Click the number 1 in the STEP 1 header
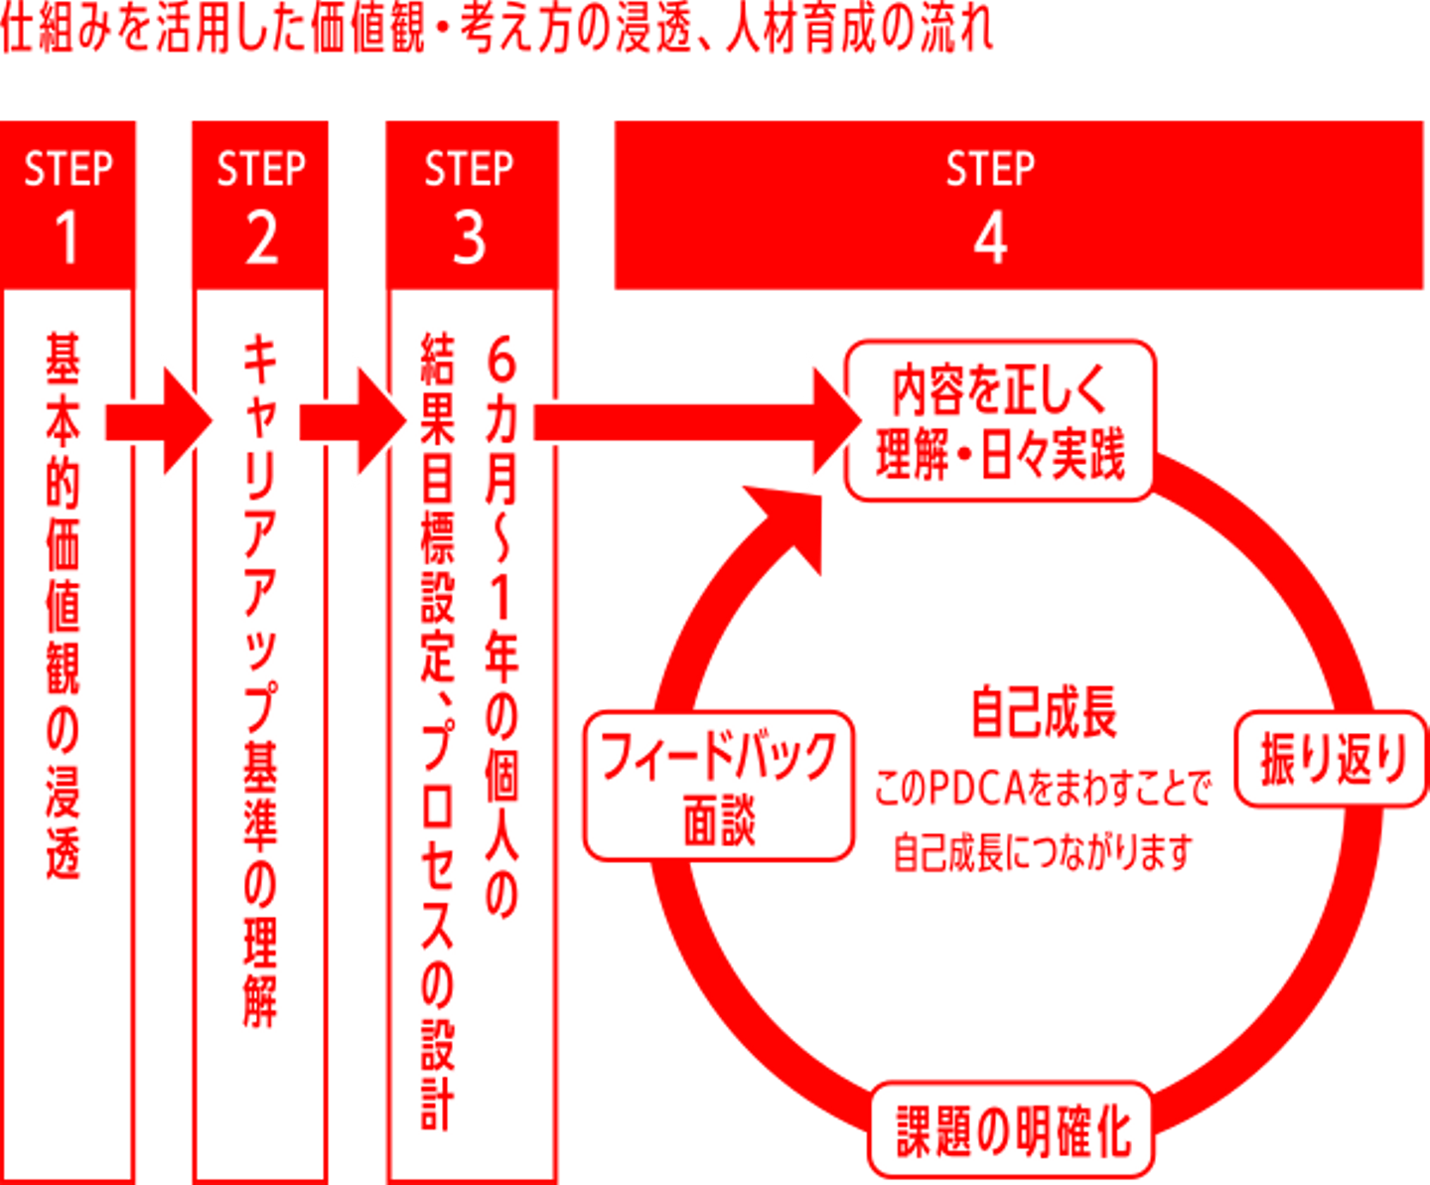tap(67, 238)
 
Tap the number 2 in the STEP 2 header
tap(261, 238)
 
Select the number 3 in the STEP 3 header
tap(469, 238)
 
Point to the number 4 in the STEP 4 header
tap(990, 238)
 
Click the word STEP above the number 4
tap(990, 169)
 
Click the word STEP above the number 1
tap(68, 169)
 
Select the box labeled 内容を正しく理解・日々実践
tap(999, 421)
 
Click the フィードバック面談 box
tap(719, 785)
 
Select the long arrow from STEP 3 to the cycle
tap(695, 421)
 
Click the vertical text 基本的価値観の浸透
tap(64, 606)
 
